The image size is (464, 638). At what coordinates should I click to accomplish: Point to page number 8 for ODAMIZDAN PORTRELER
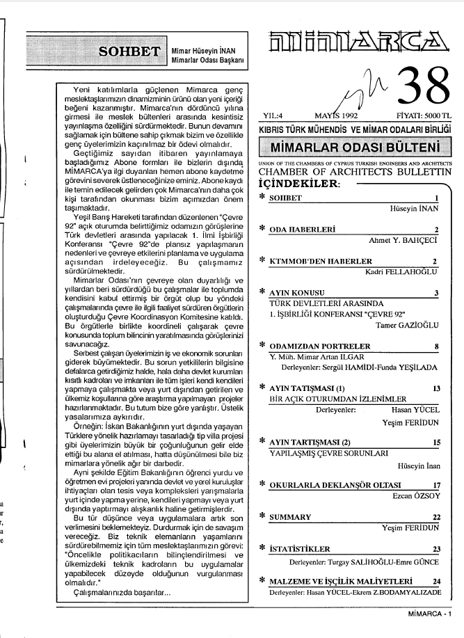[x=435, y=346]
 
